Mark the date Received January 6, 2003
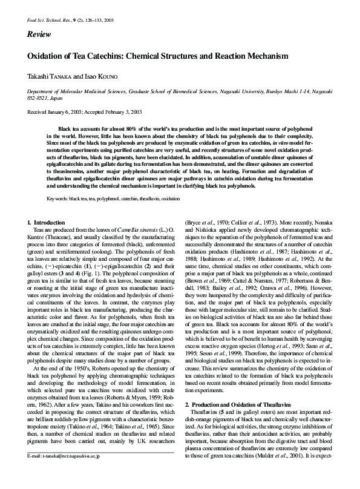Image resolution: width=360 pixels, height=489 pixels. pos(55,112)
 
